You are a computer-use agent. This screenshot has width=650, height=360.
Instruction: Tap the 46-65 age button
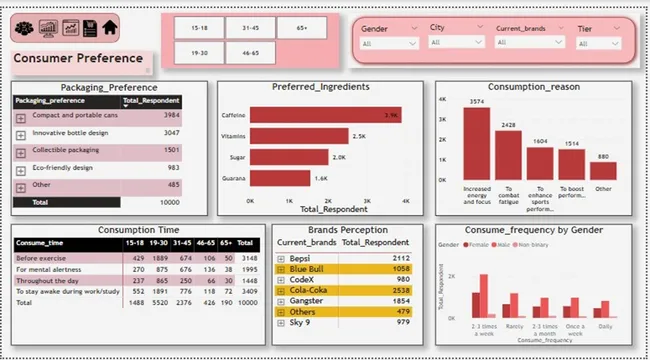tap(250, 52)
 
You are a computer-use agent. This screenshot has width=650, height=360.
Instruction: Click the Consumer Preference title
tap(77, 59)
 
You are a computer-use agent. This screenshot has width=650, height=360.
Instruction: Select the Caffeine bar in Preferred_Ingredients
tap(325, 116)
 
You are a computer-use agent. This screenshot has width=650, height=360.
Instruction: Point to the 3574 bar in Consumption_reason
tap(477, 146)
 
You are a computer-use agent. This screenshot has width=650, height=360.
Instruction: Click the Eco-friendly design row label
tap(61, 167)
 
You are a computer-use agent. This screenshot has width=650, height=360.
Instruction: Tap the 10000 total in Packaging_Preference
tap(165, 202)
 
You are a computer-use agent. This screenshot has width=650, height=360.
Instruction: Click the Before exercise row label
tap(46, 258)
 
